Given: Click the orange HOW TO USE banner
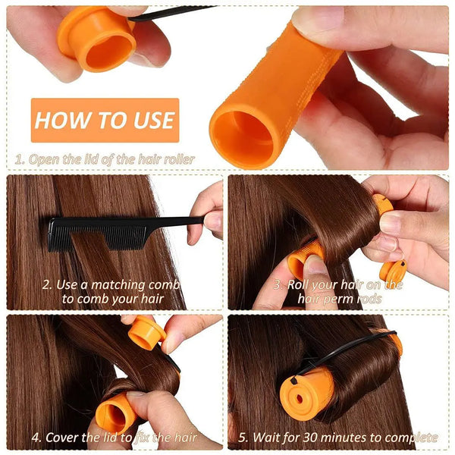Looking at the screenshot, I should (x=105, y=120).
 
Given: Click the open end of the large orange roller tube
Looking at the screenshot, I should (x=242, y=136).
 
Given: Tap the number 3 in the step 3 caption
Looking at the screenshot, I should (x=278, y=285).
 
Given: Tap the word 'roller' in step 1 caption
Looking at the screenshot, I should (x=176, y=159).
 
